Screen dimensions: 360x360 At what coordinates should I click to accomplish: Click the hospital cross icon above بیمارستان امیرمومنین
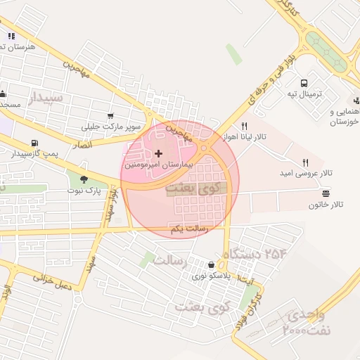(x=158, y=153)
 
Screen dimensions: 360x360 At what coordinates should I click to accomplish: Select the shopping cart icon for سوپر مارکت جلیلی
(x=110, y=116)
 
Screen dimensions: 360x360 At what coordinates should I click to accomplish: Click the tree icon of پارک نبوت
(x=84, y=179)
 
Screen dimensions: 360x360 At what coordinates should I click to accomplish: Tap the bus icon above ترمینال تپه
(x=304, y=82)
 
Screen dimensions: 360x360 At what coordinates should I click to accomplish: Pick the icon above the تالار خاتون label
(x=325, y=193)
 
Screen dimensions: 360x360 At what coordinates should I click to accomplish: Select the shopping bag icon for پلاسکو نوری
(x=211, y=265)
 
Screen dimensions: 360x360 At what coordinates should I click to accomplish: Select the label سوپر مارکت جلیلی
(x=110, y=127)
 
